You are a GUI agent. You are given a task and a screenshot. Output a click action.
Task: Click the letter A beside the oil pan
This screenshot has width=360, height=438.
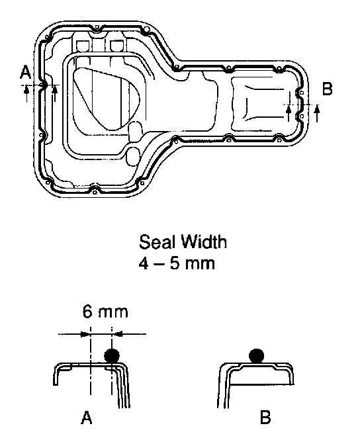(x=25, y=72)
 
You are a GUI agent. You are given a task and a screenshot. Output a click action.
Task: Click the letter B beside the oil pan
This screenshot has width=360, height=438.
(x=328, y=89)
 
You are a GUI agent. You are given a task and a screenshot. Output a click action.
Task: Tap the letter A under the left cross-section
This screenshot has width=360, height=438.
(x=86, y=417)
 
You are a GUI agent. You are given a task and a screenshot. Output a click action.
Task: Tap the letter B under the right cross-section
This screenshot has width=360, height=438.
(x=265, y=417)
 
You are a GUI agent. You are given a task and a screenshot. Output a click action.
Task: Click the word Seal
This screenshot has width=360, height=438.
(x=157, y=242)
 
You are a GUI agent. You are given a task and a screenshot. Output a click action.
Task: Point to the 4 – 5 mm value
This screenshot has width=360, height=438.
(x=177, y=263)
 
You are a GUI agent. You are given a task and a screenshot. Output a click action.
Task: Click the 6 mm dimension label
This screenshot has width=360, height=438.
(x=105, y=312)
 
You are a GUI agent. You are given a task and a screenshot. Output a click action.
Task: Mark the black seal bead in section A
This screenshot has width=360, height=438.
(x=112, y=355)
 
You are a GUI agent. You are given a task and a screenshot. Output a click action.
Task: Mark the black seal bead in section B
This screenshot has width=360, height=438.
(x=256, y=356)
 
